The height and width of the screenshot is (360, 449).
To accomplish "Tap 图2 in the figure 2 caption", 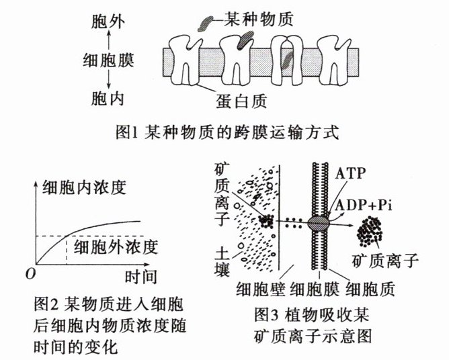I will (x=44, y=303).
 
